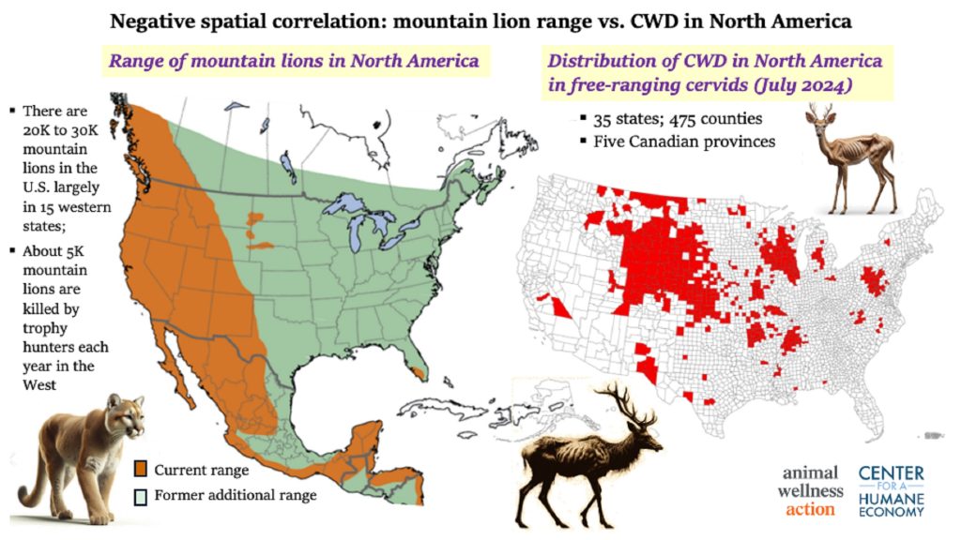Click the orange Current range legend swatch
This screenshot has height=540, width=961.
[140, 470]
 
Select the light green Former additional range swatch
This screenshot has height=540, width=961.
[140, 494]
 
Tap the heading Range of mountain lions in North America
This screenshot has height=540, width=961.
[296, 62]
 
